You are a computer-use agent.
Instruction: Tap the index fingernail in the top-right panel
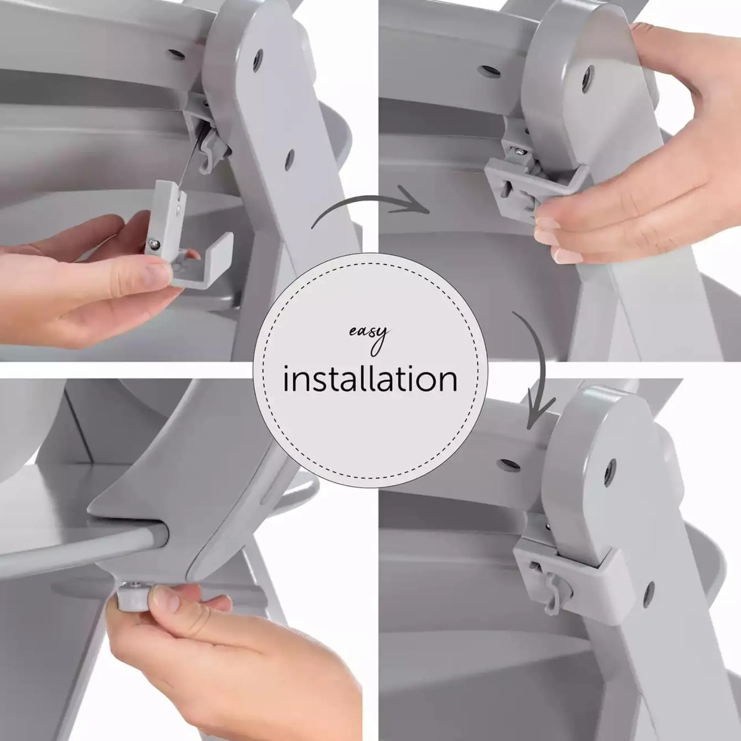click(x=548, y=225)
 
